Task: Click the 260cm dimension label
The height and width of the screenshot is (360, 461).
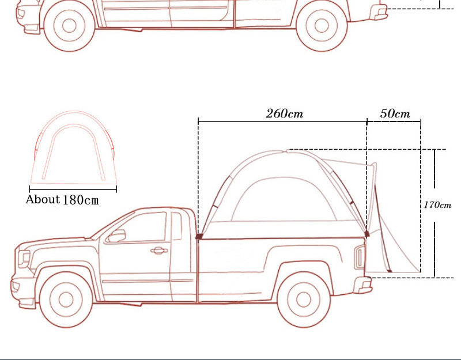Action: pos(284,113)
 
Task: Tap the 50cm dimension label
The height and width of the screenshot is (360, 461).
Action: pos(395,113)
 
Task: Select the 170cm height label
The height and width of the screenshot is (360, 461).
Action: pos(437,205)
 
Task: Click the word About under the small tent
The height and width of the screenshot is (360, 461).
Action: pos(43,199)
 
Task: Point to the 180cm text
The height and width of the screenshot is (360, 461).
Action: pos(81,200)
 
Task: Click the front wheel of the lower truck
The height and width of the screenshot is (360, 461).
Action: pos(66,300)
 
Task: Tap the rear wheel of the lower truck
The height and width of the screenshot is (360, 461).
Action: pos(304,299)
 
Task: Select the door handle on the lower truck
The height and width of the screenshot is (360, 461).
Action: pos(159,251)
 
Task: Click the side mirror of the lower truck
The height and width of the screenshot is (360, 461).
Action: pos(116,236)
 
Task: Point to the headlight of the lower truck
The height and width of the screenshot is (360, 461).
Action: pos(24,259)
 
